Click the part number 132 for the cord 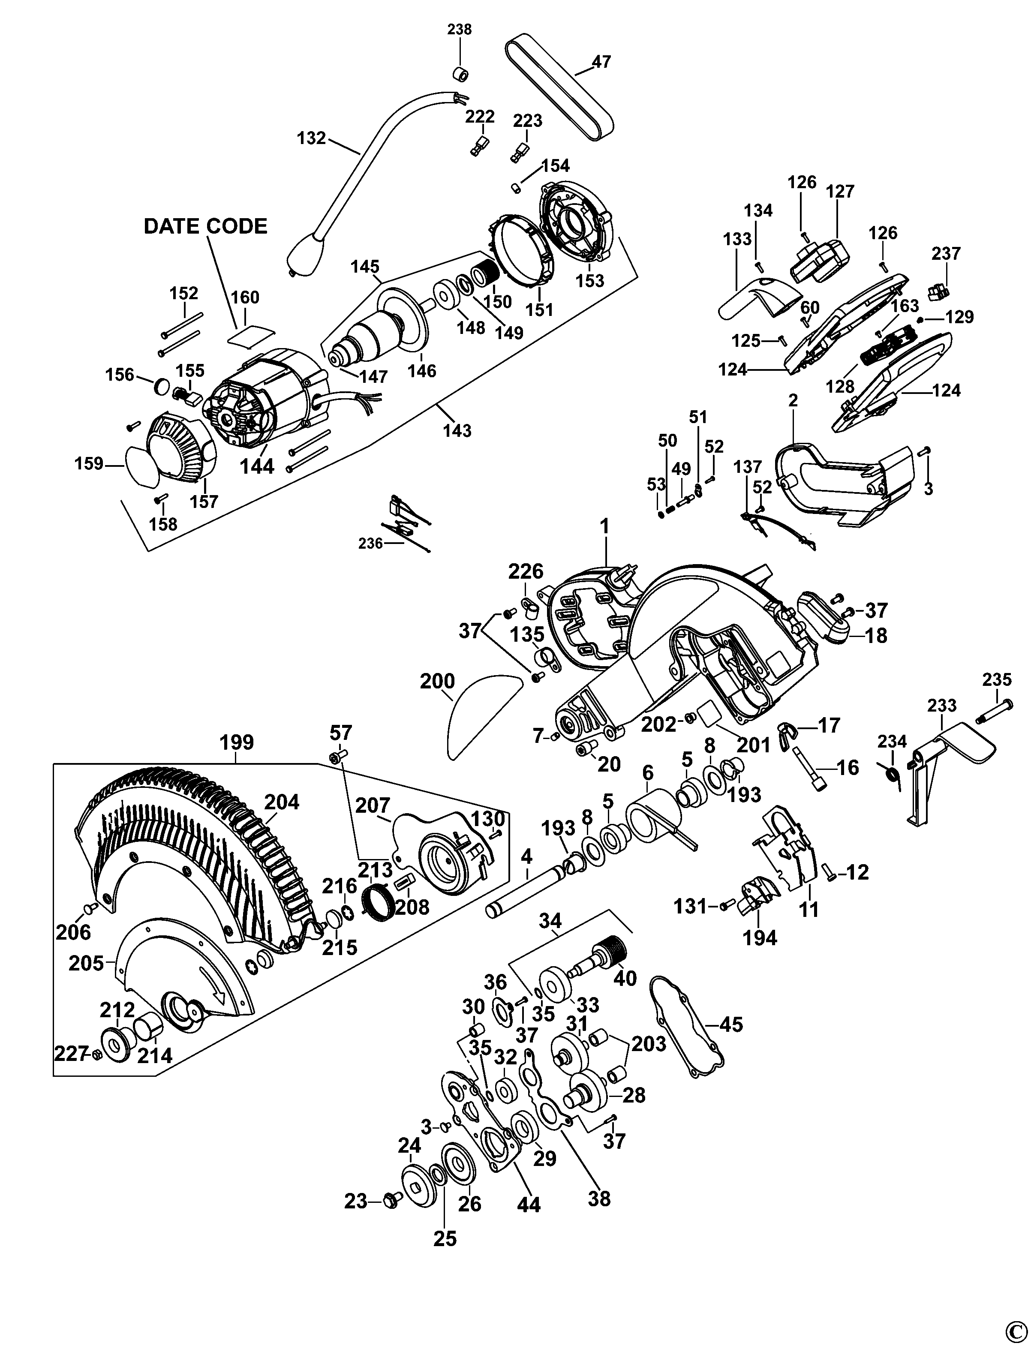pyautogui.click(x=311, y=138)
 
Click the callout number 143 pyautogui.click(x=457, y=431)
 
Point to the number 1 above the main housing pyautogui.click(x=604, y=526)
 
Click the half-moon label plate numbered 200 pyautogui.click(x=479, y=712)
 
